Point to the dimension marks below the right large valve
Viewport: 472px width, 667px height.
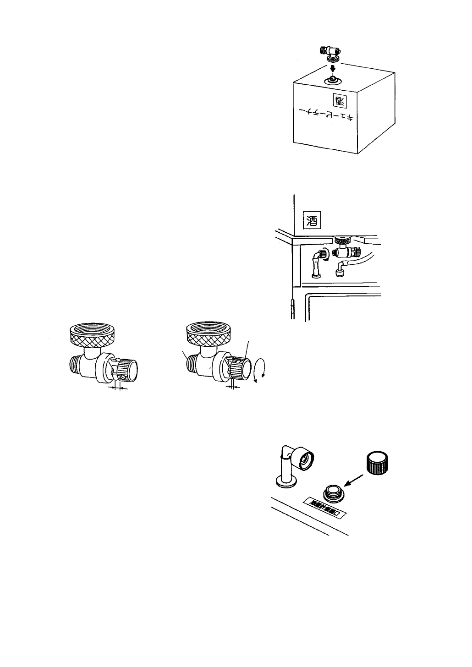(234, 387)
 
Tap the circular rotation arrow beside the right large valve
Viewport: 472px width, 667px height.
(260, 369)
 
